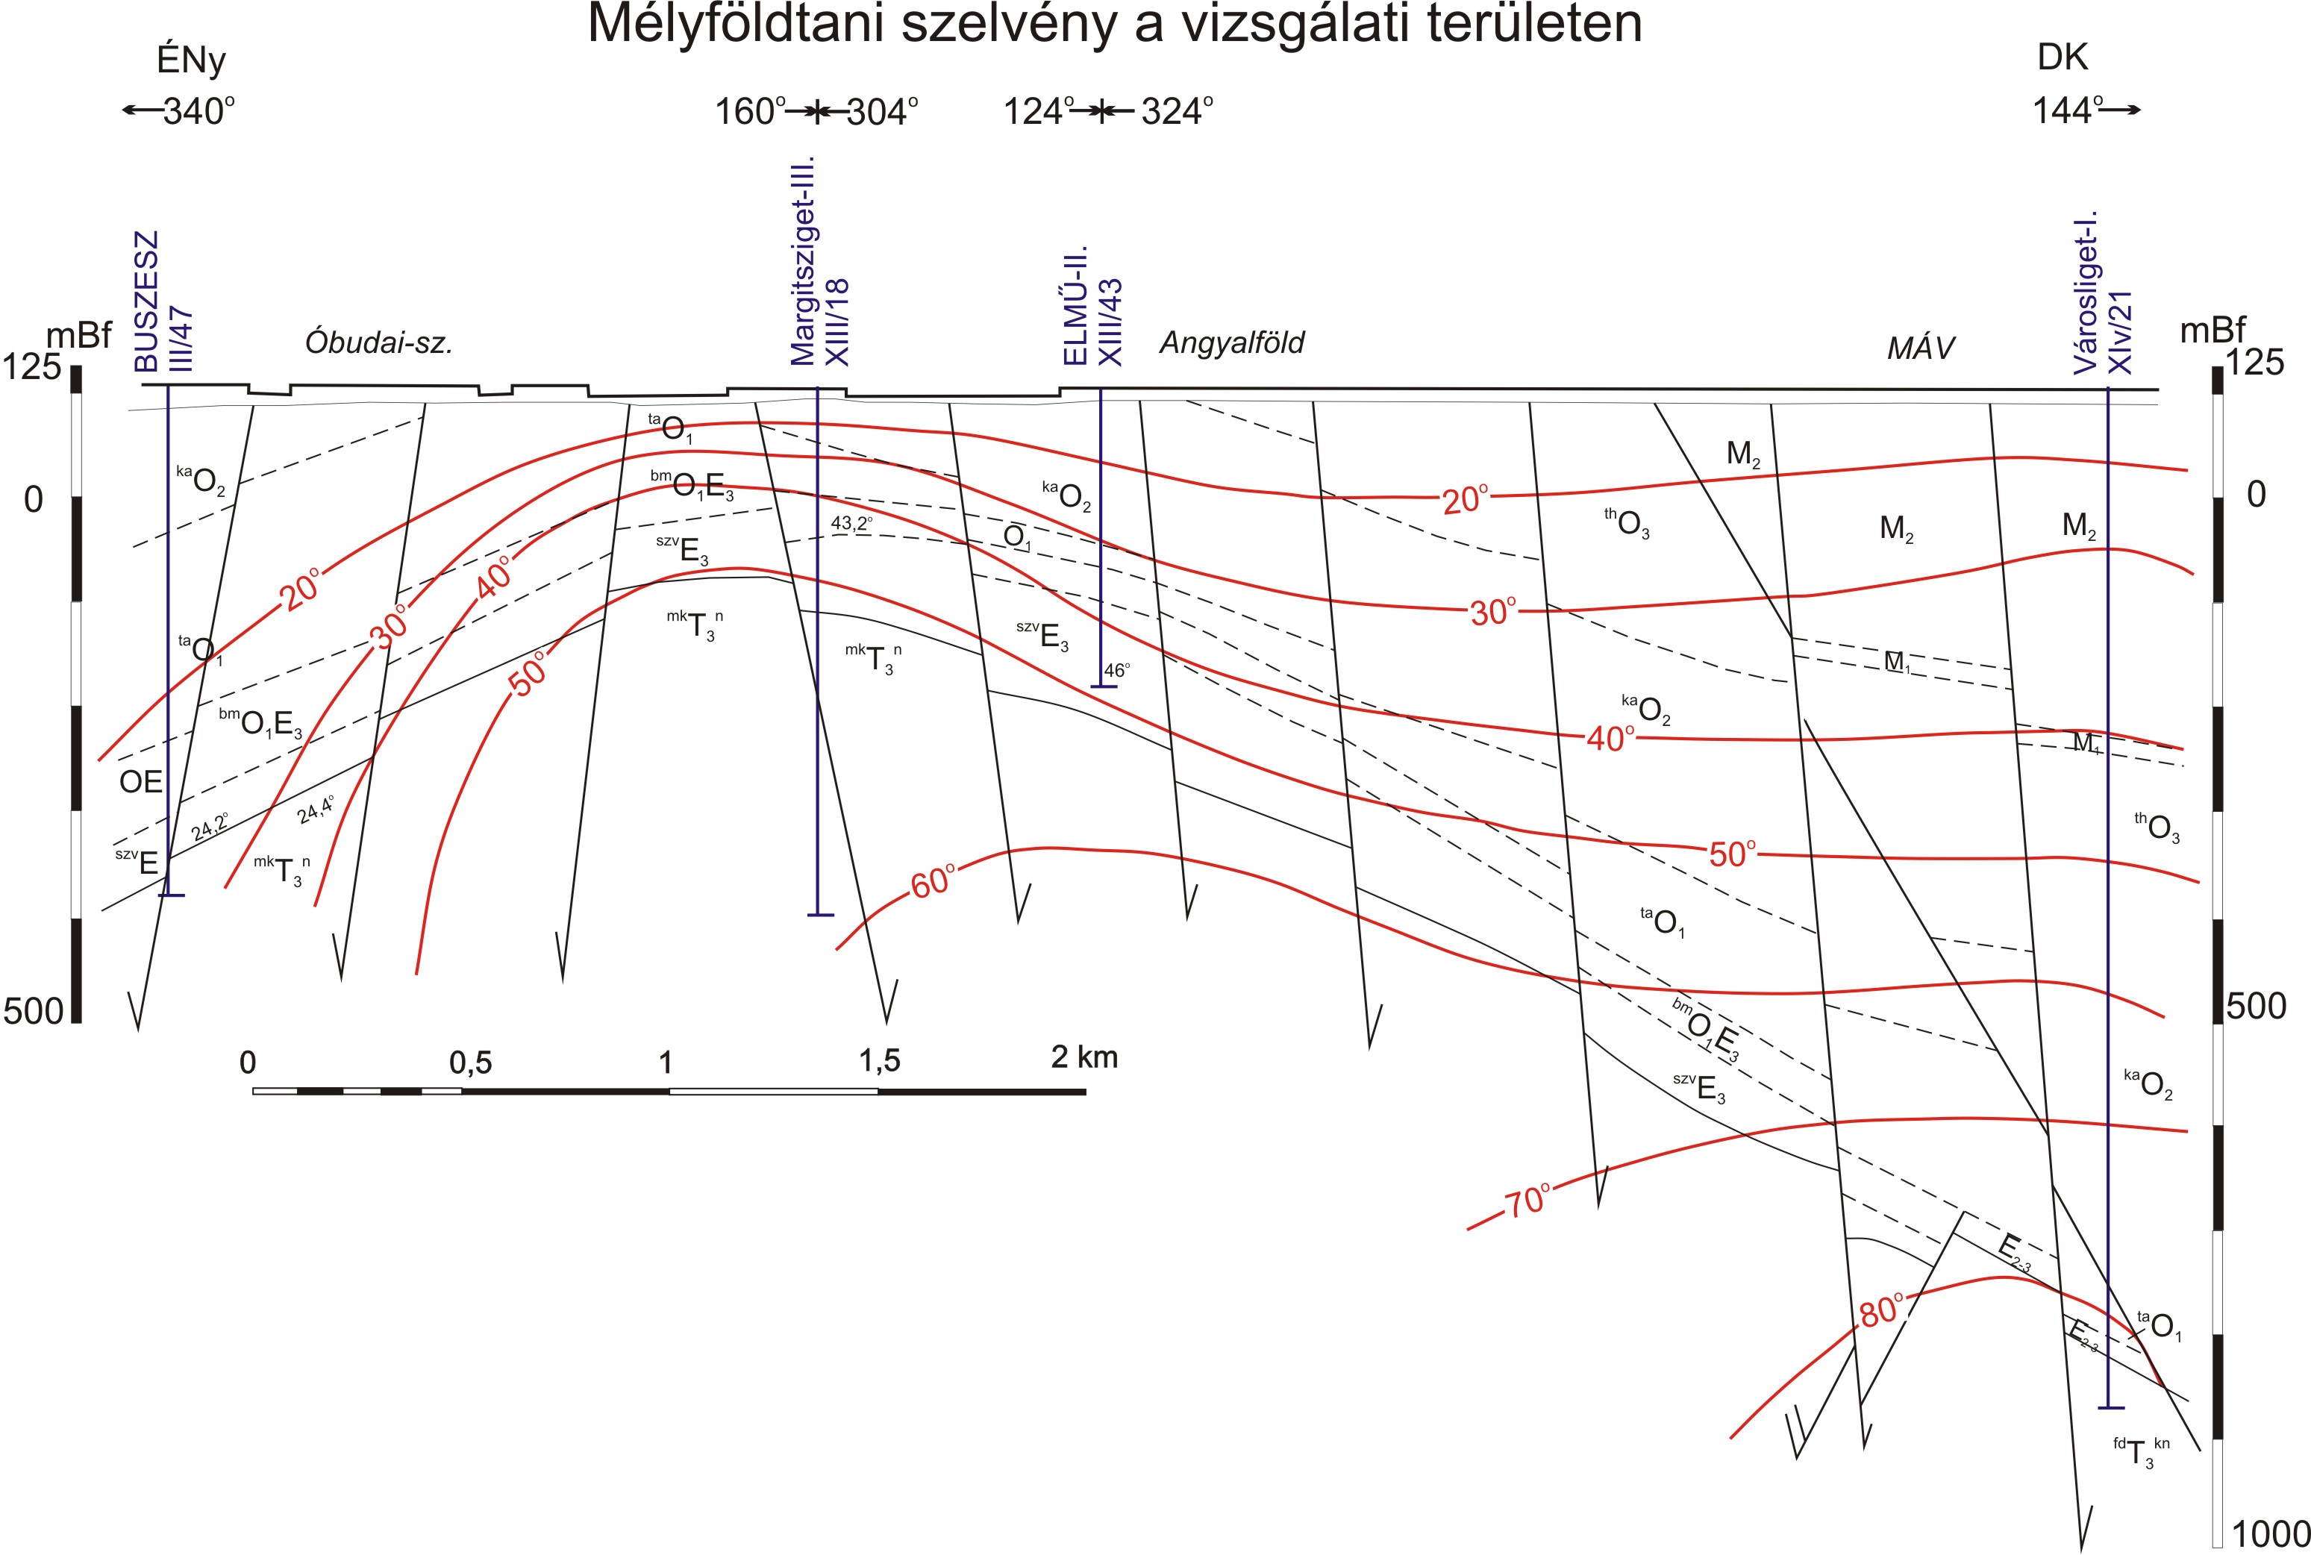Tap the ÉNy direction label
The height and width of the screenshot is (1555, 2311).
tap(192, 60)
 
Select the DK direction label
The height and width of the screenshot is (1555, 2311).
tap(2062, 57)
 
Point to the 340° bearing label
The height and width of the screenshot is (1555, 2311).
tap(198, 111)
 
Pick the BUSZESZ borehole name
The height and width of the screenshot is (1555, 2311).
tap(147, 301)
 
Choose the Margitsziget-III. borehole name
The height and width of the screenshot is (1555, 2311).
tap(802, 260)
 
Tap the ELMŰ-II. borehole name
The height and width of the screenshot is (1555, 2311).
tap(1075, 304)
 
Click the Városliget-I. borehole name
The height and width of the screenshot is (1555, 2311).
tap(2086, 292)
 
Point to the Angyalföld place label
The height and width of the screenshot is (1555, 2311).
tap(1232, 343)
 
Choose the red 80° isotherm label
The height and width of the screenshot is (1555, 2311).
tap(1880, 1311)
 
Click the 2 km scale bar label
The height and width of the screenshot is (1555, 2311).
tap(1084, 1057)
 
